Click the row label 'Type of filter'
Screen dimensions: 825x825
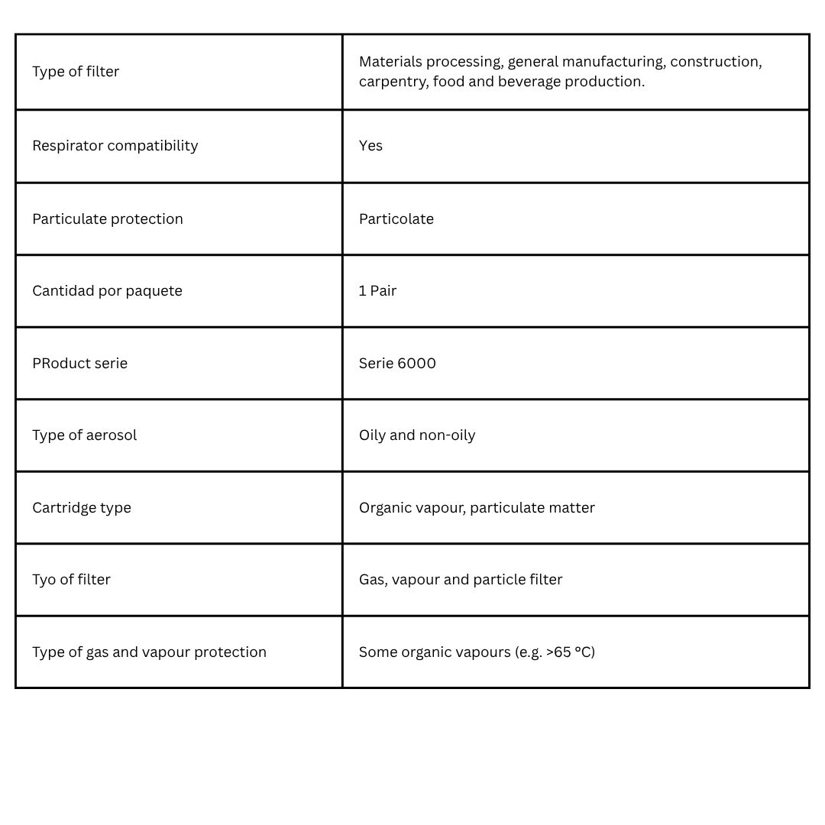[76, 72]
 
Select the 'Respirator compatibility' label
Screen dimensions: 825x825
[115, 146]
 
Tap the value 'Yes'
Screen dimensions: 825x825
[370, 146]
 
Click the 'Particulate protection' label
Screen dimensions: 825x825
[108, 219]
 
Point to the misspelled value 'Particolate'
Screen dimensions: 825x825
[396, 219]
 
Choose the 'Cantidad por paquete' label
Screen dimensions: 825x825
[107, 291]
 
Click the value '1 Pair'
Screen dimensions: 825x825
[377, 291]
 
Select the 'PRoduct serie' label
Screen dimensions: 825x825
[79, 364]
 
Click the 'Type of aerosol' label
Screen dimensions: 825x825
[84, 435]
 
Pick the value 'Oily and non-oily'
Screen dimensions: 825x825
[416, 435]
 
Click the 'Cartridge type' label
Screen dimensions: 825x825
[82, 508]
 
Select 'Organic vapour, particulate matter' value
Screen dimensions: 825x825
[476, 508]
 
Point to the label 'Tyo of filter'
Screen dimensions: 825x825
[71, 580]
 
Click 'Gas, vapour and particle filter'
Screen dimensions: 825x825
[460, 580]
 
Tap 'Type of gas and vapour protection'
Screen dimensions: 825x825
[149, 652]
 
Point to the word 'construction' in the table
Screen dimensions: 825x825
[715, 62]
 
